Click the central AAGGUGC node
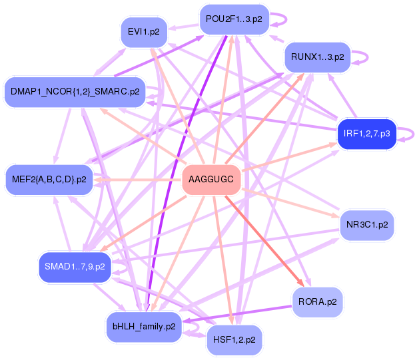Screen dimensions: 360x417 211,180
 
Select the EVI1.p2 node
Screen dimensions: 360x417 144,31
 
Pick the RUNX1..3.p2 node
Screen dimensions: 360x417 317,57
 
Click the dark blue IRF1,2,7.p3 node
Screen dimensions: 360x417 366,134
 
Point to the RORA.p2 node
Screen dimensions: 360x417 317,301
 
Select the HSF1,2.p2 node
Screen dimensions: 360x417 234,339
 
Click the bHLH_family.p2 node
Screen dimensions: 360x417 144,327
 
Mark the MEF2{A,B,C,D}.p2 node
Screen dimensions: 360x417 49,179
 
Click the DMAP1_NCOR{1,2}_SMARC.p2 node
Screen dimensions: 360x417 75,91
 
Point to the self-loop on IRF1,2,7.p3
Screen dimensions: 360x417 406,133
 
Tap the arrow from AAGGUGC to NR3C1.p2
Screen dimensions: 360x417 293,204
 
